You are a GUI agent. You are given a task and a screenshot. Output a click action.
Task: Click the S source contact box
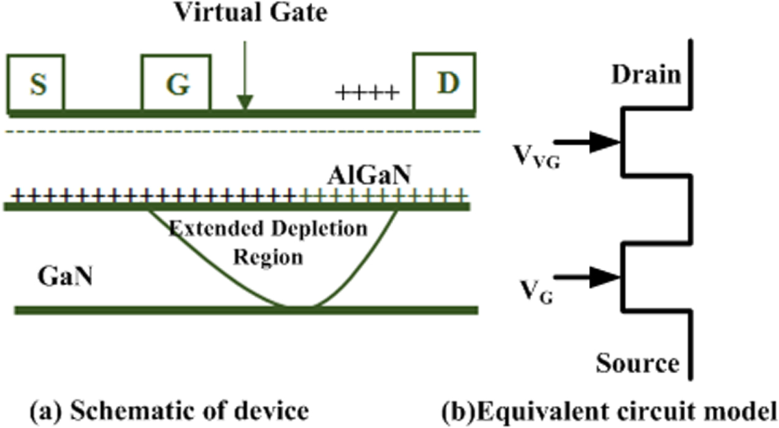click(x=36, y=83)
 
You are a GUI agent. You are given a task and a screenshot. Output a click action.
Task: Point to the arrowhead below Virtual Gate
click(x=245, y=103)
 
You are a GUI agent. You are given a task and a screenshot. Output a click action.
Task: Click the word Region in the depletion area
click(x=267, y=256)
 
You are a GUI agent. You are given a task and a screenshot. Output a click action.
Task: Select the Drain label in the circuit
click(x=646, y=75)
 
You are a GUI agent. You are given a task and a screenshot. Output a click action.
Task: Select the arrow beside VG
click(x=595, y=277)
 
